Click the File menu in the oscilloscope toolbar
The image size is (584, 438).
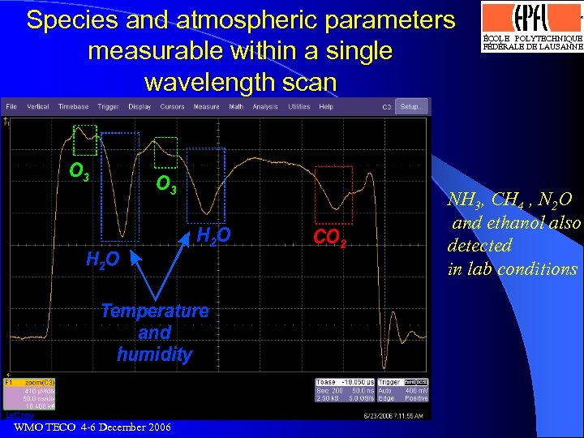coord(11,106)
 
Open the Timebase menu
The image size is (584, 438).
coord(73,106)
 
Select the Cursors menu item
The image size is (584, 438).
coord(172,106)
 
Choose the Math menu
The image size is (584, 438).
coord(236,106)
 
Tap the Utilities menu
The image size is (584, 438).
coord(299,106)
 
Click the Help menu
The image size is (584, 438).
coord(326,106)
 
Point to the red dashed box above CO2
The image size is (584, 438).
coord(333,195)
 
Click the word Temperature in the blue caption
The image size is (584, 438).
coord(154,311)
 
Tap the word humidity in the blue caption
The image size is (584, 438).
coord(154,354)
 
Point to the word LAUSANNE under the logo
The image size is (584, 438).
coord(559,47)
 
